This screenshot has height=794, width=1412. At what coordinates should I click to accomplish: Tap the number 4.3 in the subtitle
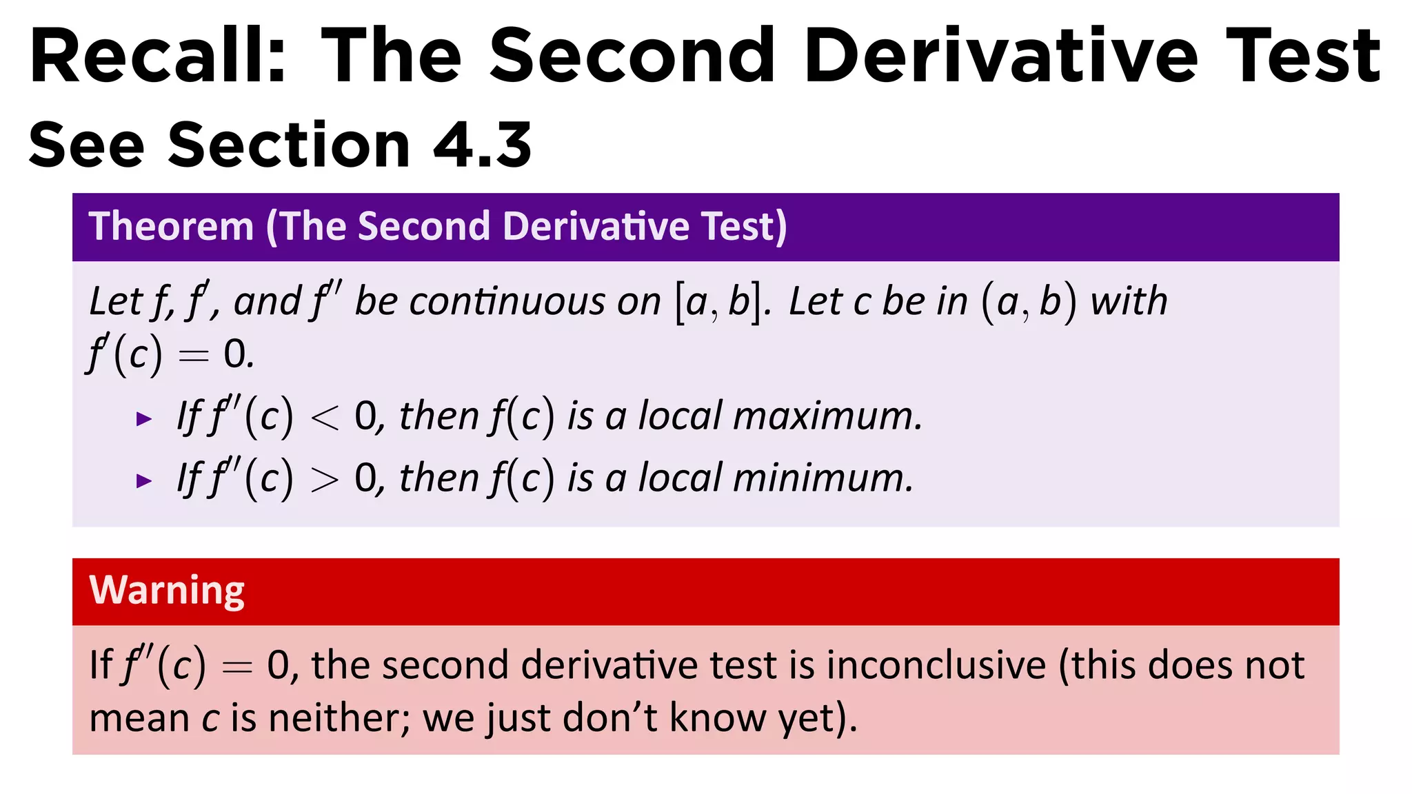482,145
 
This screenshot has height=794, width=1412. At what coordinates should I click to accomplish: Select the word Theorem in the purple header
172,227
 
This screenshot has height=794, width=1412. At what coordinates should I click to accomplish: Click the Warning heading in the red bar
167,591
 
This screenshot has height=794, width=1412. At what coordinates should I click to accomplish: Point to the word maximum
827,417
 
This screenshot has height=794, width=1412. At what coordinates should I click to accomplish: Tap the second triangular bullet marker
144,480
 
